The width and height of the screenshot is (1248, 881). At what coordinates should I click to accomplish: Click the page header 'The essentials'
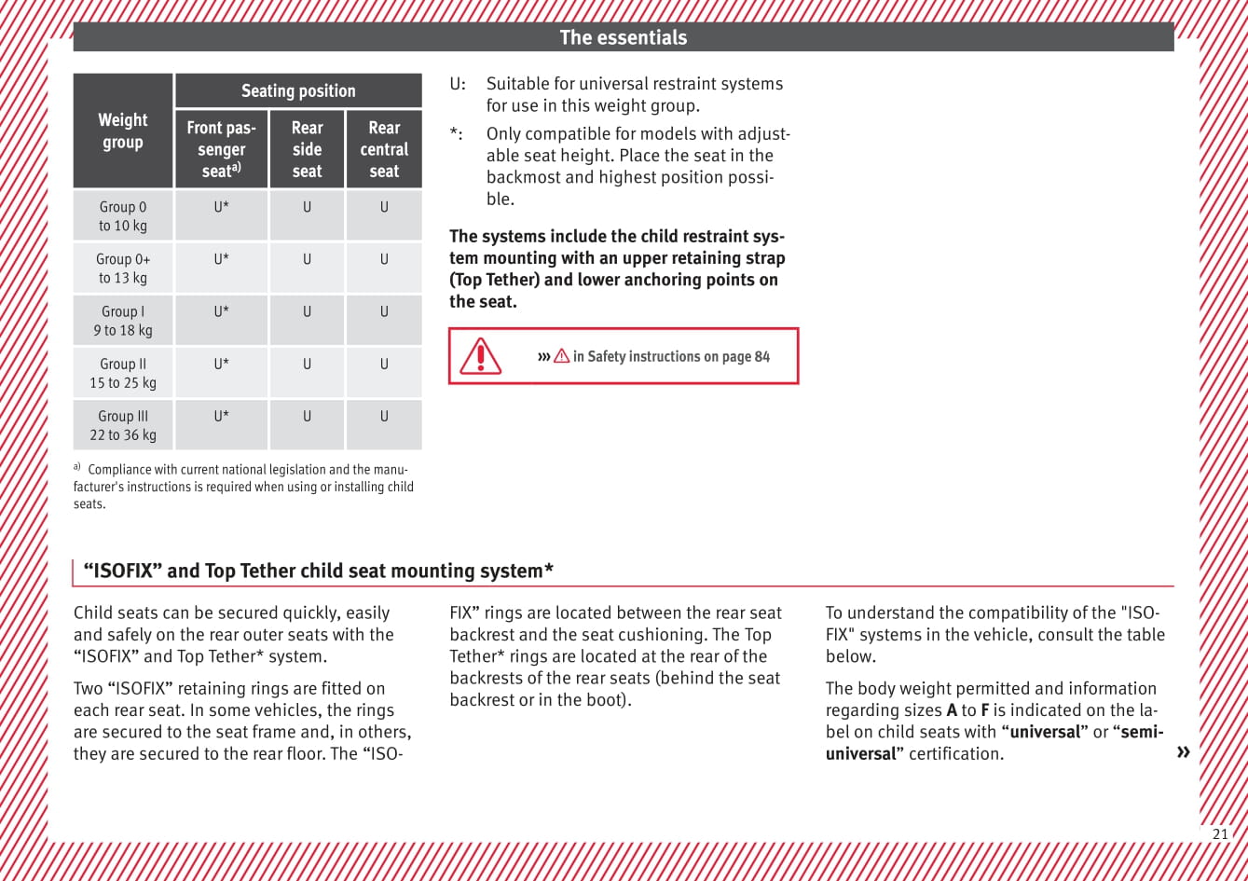[623, 37]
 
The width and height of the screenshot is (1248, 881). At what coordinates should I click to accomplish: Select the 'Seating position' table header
[298, 90]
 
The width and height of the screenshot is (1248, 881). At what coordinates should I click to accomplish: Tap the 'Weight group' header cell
[123, 131]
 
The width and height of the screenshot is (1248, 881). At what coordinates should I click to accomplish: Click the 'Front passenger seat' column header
[222, 149]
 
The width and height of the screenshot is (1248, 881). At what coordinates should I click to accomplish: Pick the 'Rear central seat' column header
[384, 149]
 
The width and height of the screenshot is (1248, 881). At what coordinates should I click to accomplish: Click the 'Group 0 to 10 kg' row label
[123, 216]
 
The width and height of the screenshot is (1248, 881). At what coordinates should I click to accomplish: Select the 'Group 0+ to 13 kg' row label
[123, 268]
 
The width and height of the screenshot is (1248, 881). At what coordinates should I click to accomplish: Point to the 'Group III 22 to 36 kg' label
[123, 425]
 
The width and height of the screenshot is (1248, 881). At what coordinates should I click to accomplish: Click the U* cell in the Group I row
[222, 312]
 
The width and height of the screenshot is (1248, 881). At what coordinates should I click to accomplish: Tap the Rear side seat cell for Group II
[307, 365]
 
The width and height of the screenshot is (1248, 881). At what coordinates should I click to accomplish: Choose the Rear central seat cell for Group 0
[384, 208]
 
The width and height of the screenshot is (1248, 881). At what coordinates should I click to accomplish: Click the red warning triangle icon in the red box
[481, 356]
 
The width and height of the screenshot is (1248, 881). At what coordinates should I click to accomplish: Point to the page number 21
[1220, 834]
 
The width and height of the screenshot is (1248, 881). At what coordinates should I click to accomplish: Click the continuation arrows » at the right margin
[1184, 752]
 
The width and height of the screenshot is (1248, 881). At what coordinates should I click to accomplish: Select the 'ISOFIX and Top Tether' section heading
[319, 571]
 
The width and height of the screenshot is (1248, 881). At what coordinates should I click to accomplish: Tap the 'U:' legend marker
[459, 84]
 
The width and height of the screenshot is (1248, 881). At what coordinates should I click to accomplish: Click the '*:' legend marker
[455, 134]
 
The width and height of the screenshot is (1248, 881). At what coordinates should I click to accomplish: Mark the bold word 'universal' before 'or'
[1045, 732]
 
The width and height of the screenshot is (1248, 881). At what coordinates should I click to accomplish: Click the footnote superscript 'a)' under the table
[77, 467]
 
